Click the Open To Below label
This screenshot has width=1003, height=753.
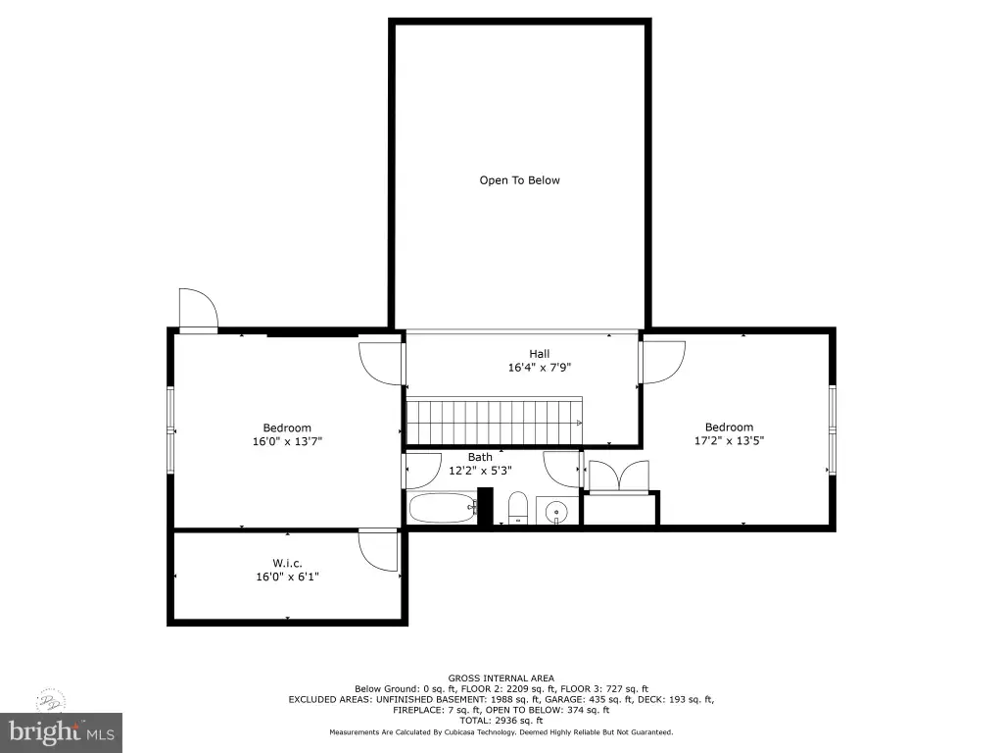pos(519,180)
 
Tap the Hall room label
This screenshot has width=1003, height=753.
pos(540,353)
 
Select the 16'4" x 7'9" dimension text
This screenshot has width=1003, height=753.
pos(540,368)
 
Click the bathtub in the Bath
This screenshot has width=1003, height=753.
pos(443,508)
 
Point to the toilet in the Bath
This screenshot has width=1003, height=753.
pos(517,508)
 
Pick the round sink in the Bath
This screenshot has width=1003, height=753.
pos(556,512)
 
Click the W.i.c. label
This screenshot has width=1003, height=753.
pos(287,563)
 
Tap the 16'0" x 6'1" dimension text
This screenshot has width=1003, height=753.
pos(287,577)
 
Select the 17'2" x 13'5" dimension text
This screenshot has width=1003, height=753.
pos(729,440)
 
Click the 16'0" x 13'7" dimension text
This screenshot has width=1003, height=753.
pos(287,441)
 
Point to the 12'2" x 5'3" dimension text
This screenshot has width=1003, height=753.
pos(480,471)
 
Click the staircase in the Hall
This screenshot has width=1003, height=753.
pos(495,421)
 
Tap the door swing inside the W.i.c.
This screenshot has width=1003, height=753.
pos(379,550)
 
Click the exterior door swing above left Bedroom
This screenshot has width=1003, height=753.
pos(199,310)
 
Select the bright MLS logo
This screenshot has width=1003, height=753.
pos(62,732)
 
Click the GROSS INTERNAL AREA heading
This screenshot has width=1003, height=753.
pos(501,678)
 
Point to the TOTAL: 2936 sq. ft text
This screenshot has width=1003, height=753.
pos(501,721)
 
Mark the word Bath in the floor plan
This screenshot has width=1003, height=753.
pos(480,457)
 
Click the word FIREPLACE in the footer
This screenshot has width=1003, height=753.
pos(417,710)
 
